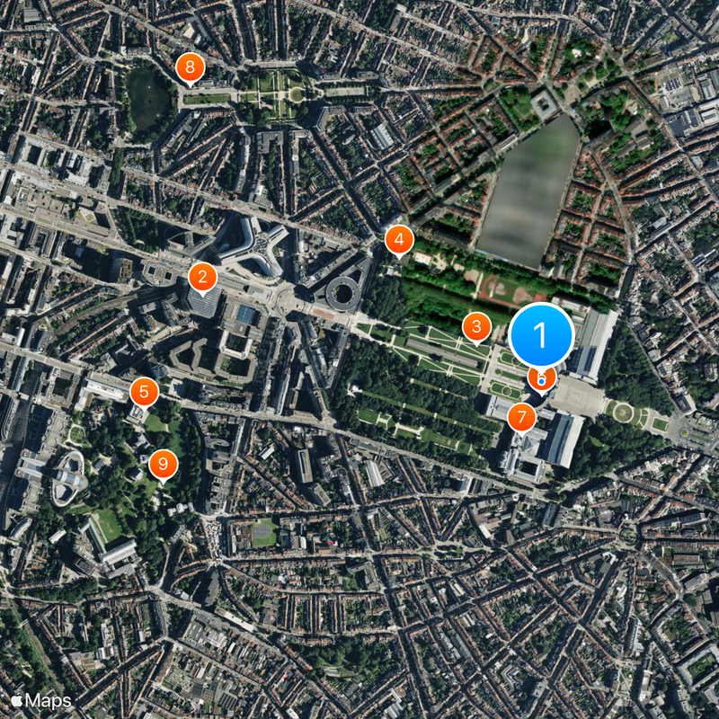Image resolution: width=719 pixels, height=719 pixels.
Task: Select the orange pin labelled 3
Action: click(476, 326)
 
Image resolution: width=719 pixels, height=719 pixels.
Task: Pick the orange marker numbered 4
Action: click(399, 240)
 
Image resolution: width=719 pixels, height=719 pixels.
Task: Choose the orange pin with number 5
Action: click(144, 392)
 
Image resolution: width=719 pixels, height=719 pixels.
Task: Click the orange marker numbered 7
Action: click(521, 417)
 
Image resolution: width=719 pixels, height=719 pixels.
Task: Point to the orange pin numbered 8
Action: click(190, 67)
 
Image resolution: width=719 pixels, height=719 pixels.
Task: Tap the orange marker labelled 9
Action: click(163, 464)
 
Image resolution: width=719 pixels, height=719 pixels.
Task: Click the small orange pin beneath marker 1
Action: click(541, 378)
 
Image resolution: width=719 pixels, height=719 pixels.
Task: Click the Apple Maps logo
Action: click(41, 699)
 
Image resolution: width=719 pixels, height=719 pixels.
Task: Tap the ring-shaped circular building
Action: click(342, 291)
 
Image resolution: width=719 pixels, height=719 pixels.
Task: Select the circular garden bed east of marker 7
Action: click(621, 411)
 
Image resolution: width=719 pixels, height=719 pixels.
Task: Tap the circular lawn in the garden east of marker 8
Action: click(295, 93)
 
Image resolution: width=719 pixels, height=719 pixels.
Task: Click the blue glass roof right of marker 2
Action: click(245, 315)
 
